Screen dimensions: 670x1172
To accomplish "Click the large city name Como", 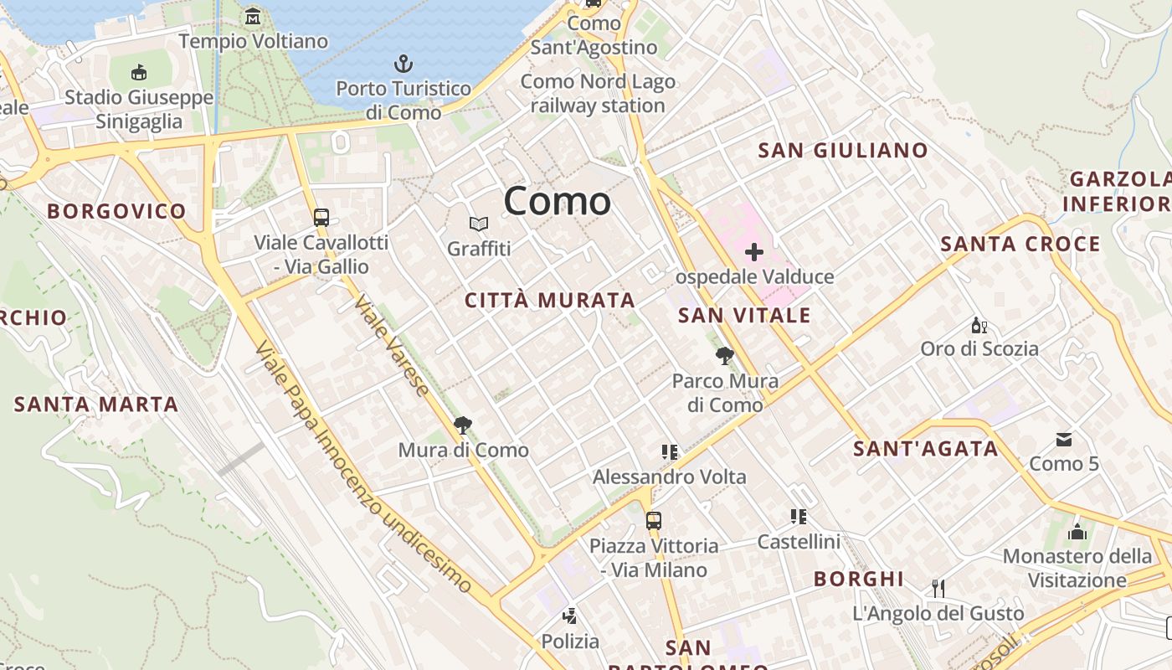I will point(558,202).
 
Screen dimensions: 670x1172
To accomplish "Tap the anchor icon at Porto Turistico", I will point(404,64).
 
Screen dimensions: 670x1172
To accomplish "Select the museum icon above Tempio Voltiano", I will point(253,16).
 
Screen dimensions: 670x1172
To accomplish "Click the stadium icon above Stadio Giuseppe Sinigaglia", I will point(139,73).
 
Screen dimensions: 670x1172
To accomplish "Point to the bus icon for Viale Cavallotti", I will point(321,218).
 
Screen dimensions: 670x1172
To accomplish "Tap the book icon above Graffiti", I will point(479,224).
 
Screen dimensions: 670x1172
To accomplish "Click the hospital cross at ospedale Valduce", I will point(754,251).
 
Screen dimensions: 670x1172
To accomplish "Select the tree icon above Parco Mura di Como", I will point(725,357).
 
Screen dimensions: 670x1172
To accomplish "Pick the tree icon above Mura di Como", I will point(462,425).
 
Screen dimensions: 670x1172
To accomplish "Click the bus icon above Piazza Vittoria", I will point(654,521).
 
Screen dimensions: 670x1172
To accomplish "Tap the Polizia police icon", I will point(570,617).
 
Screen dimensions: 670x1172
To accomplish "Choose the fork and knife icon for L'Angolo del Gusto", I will point(938,589).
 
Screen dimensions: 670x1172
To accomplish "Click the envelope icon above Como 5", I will point(1064,439).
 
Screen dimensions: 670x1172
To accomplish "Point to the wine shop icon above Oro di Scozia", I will point(979,325).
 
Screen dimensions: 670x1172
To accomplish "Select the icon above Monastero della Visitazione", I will point(1077,532).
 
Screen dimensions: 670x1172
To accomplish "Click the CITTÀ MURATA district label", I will point(550,300).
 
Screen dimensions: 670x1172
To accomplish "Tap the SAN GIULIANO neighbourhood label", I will point(843,151).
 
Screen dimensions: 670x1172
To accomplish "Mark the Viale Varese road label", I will point(391,344).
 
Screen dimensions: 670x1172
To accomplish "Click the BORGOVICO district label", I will point(116,211).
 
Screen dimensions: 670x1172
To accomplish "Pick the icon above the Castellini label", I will point(798,517).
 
